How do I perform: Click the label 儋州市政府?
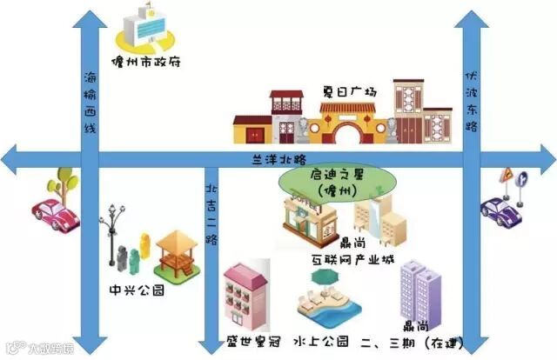pos(146,63)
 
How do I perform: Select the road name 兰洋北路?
pos(278,159)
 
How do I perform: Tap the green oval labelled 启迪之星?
pos(335,182)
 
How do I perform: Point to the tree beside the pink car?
pos(64,182)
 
